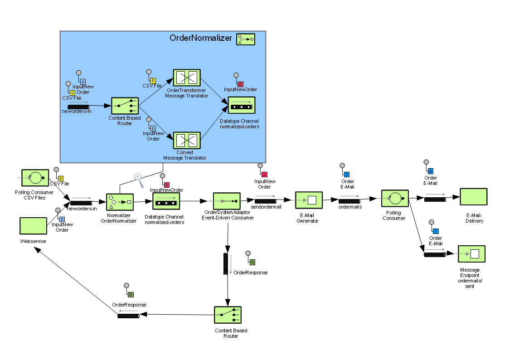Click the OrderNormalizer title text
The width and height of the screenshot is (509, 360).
pos(200,38)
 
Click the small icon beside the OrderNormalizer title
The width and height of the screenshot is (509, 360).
pos(245,39)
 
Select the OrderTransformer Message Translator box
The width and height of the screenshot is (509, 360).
pos(187,78)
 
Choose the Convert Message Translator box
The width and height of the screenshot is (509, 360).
pos(187,140)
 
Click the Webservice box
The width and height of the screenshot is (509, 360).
pos(33,225)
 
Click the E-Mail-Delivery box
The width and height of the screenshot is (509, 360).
pos(473,197)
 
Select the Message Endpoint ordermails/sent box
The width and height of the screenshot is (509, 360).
pos(471,254)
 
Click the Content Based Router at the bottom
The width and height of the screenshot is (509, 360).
pos(228,315)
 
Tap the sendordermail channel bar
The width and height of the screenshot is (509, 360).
pos(269,200)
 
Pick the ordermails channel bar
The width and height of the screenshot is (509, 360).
pos(349,200)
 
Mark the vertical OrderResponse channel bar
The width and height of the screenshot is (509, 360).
pos(226,263)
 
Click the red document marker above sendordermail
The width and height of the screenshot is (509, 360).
pos(264,174)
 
